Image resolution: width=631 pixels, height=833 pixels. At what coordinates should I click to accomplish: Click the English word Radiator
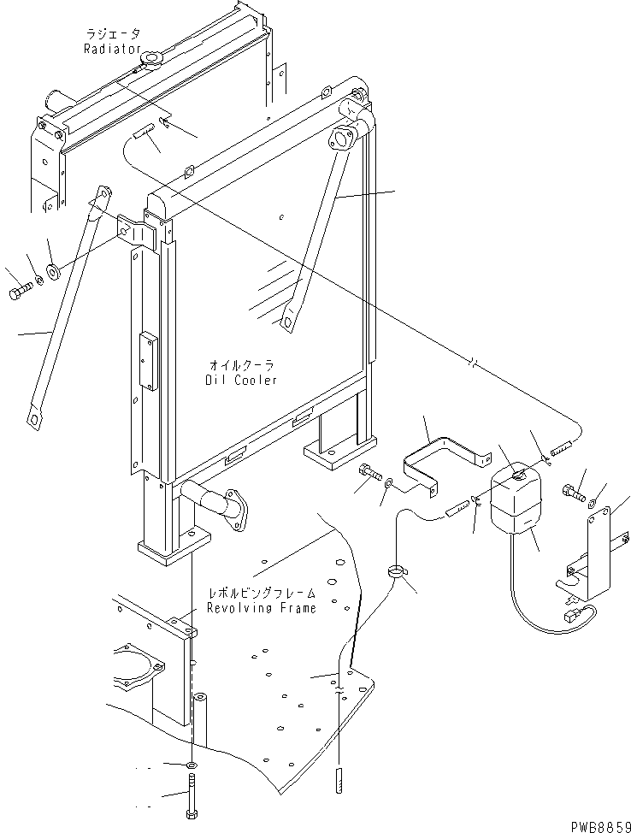point(112,49)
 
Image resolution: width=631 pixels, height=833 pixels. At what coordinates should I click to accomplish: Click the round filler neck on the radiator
point(154,61)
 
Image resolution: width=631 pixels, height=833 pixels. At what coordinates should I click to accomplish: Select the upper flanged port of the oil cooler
point(342,139)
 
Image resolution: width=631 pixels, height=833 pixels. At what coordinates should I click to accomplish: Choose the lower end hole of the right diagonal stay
point(288,322)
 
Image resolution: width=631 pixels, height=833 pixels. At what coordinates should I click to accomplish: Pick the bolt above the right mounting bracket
point(573,492)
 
